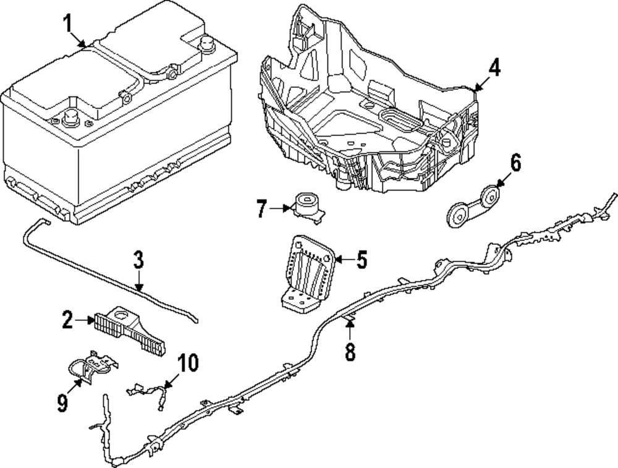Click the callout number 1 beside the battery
tap(68, 25)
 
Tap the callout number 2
tap(67, 320)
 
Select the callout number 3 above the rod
tap(138, 260)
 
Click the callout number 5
tap(362, 260)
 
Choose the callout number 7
tap(262, 209)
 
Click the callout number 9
tap(62, 402)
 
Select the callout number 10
tap(189, 363)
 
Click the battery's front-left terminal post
tap(70, 117)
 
